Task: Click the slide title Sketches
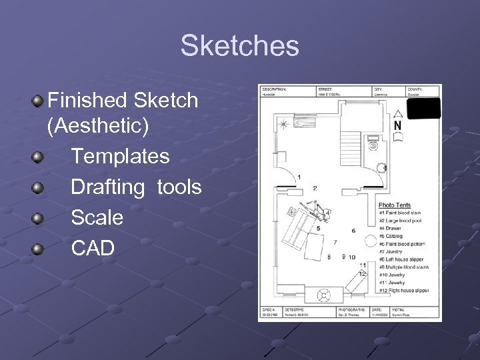(239, 47)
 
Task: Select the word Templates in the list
(120, 157)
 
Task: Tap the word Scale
(97, 217)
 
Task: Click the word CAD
(93, 248)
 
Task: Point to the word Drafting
(107, 187)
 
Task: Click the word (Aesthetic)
(99, 126)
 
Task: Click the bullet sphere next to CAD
(37, 249)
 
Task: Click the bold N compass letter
(397, 125)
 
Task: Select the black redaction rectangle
(424, 108)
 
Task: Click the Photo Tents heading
(395, 205)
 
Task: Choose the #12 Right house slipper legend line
(404, 291)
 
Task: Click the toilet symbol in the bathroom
(373, 144)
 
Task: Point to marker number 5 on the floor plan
(318, 228)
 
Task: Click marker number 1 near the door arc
(299, 177)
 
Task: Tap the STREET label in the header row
(326, 89)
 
